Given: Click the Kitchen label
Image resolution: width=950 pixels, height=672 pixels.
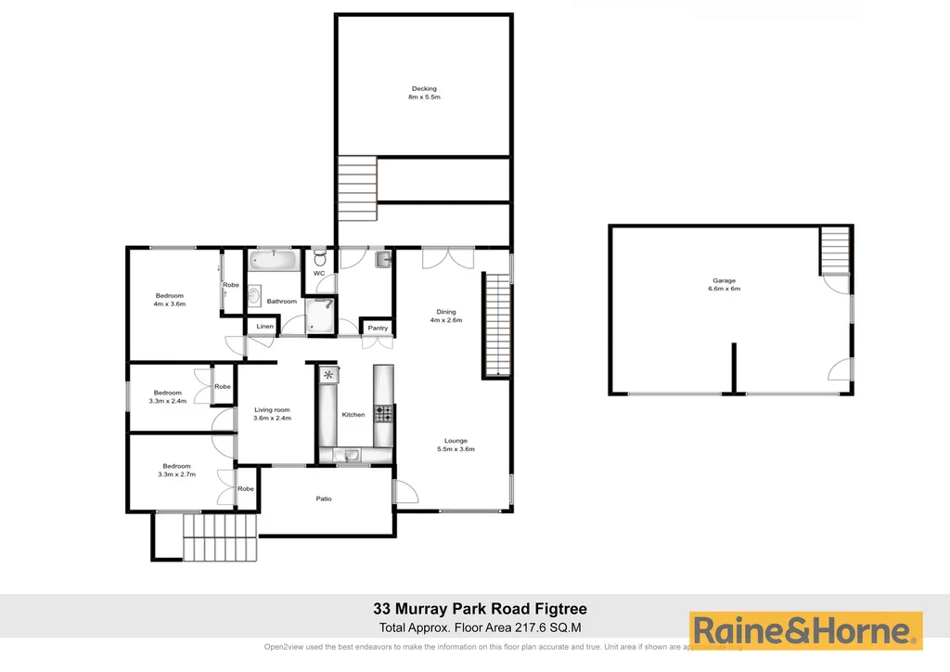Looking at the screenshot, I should click(x=353, y=414).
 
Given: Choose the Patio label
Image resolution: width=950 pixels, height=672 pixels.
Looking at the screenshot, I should click(x=324, y=498).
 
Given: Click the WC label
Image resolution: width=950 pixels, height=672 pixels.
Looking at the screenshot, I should click(x=319, y=274).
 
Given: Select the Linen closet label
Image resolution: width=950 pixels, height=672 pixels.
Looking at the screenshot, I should click(x=264, y=327).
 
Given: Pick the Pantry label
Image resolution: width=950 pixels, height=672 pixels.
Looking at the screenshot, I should click(x=378, y=328).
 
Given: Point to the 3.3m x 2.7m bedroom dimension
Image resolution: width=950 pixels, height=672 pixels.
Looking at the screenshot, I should click(x=176, y=474).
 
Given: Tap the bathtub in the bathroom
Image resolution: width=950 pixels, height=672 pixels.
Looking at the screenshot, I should click(x=274, y=260).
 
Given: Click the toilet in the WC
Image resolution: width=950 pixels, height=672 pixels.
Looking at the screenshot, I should click(x=319, y=257).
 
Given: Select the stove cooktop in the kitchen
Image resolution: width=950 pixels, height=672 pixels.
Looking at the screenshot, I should click(x=384, y=413).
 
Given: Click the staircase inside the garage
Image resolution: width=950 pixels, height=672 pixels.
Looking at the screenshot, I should click(x=835, y=251).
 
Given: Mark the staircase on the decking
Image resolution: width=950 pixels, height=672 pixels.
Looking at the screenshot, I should click(x=357, y=187).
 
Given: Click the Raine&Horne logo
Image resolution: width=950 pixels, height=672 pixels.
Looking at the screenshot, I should click(x=805, y=631).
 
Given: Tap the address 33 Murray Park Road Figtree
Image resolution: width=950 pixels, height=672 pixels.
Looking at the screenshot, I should click(x=480, y=609).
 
